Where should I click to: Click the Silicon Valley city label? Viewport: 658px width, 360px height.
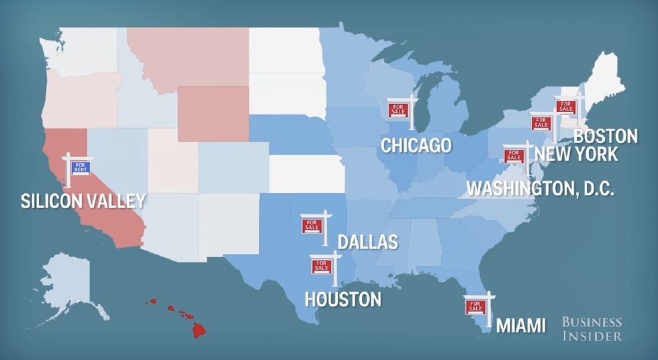(x=83, y=200)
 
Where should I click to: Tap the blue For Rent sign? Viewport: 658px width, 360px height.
(x=80, y=167)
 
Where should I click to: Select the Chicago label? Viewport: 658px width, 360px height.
(x=416, y=145)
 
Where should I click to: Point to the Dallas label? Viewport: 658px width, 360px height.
(x=367, y=242)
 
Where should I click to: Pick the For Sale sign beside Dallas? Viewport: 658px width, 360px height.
(x=312, y=226)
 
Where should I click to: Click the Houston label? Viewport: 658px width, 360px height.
(x=343, y=299)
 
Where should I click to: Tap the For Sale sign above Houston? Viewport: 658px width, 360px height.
(x=321, y=267)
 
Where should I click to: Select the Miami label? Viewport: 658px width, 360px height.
(x=520, y=326)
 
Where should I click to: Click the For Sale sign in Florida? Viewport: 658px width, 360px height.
(x=476, y=307)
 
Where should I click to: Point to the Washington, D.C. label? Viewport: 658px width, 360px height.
(x=540, y=188)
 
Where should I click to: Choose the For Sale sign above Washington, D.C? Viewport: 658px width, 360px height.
(x=514, y=156)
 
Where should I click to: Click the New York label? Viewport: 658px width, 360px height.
(x=576, y=154)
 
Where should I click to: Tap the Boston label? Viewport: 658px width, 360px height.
(x=606, y=136)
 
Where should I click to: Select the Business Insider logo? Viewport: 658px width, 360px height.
(x=592, y=329)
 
